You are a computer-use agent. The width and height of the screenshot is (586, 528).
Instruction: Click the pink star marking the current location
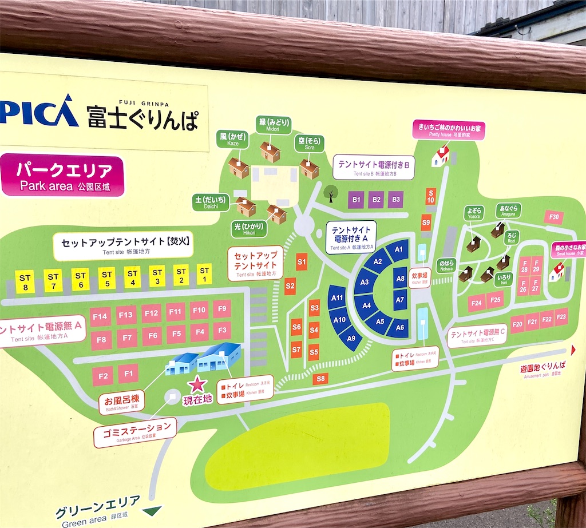198,384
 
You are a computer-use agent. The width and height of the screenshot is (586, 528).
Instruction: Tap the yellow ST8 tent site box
25,281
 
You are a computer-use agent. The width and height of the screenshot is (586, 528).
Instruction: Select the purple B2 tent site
376,200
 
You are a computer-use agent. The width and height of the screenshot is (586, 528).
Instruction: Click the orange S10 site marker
431,196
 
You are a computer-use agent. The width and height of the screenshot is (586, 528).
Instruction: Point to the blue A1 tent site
398,249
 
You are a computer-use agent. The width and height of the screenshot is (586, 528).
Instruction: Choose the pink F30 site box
553,217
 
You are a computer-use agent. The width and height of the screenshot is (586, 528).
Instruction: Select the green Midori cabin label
274,125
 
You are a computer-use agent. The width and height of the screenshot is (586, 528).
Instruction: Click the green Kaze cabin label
233,140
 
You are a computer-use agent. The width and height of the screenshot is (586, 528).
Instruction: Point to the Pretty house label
449,129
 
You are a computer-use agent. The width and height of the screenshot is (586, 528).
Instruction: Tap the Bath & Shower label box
121,402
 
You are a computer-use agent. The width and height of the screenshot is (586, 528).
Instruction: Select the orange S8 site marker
320,378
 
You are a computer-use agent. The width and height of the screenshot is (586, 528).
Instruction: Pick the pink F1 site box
128,374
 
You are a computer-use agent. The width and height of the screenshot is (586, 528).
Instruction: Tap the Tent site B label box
374,167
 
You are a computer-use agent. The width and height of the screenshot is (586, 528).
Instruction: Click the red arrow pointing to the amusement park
573,350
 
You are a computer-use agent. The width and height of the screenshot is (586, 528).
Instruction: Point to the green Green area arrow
152,510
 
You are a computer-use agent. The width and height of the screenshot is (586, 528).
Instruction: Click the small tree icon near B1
331,193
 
